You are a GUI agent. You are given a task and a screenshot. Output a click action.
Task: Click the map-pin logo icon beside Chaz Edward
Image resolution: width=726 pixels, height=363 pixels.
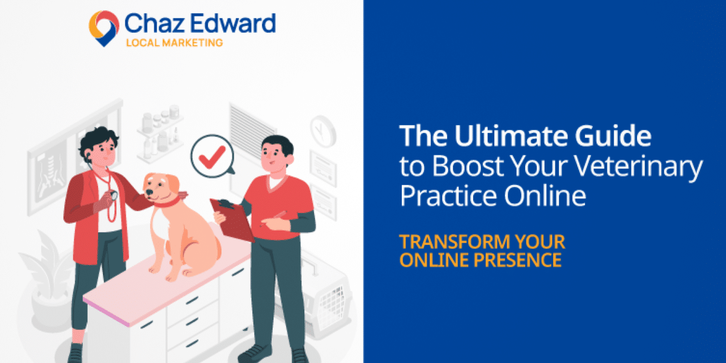coord(103,28)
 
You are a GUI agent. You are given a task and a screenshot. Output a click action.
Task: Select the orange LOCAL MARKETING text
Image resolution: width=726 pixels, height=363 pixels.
coord(174,42)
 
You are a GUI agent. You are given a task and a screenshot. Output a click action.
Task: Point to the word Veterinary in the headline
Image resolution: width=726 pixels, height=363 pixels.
coord(638,166)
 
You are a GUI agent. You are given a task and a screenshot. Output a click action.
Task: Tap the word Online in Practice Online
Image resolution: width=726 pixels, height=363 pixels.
coord(545,195)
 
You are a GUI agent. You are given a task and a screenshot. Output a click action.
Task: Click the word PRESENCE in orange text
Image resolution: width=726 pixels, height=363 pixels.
coord(517,260)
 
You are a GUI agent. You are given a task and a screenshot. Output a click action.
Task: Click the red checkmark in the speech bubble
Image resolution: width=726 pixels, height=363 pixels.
coord(212,157)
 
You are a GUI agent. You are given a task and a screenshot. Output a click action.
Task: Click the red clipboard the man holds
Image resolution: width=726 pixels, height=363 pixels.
coord(232,220)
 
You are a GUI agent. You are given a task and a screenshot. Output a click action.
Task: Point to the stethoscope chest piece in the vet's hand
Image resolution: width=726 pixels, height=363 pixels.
coord(114,195)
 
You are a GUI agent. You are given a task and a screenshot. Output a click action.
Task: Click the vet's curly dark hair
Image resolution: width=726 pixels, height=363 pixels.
coord(97,139)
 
